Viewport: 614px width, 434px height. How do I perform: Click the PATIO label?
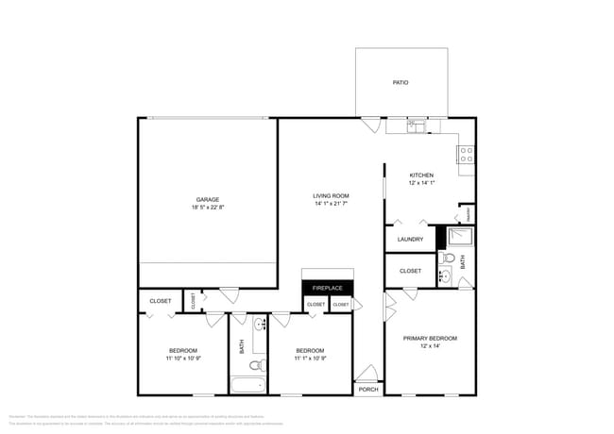tap(401, 83)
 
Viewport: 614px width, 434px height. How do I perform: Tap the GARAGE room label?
tap(208, 200)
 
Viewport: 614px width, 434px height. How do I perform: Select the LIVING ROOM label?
tap(331, 196)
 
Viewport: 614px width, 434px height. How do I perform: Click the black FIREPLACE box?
tap(327, 287)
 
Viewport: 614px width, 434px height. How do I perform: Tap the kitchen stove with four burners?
tap(466, 155)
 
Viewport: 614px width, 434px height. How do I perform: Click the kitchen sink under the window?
tap(417, 125)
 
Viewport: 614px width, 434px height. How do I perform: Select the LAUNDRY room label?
tap(410, 240)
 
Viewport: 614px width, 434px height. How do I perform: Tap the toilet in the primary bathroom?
tap(450, 258)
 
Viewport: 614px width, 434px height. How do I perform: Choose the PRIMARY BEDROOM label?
tap(430, 338)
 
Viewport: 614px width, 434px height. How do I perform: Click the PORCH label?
tap(368, 389)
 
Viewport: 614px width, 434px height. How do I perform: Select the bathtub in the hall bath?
tap(248, 385)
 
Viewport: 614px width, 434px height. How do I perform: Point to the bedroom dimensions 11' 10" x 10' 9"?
tap(183, 359)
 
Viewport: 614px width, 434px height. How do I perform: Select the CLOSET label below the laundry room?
tap(410, 271)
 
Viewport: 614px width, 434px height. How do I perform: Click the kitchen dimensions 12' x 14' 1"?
tap(421, 183)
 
